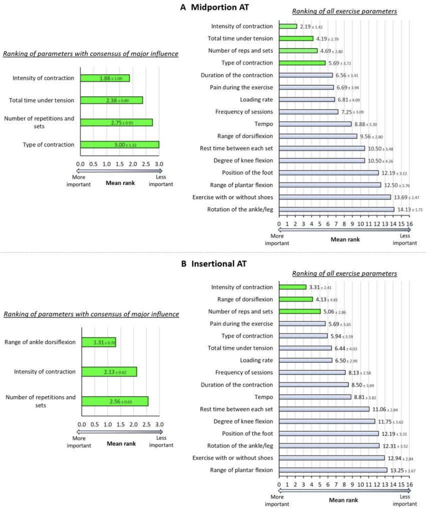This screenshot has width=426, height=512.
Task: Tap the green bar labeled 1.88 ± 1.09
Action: coord(105,78)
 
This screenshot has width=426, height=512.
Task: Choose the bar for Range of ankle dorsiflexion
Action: coord(99,342)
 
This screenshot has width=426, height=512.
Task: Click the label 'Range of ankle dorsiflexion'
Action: coord(40,342)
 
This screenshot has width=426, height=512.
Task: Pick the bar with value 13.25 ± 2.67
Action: coord(333,470)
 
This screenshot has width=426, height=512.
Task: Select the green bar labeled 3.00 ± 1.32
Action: coord(120,144)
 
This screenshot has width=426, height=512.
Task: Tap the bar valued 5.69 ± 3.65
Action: coord(302,323)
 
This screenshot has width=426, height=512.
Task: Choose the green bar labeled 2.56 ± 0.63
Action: coord(115,401)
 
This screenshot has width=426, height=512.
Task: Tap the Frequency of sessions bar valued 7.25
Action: coord(308,111)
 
